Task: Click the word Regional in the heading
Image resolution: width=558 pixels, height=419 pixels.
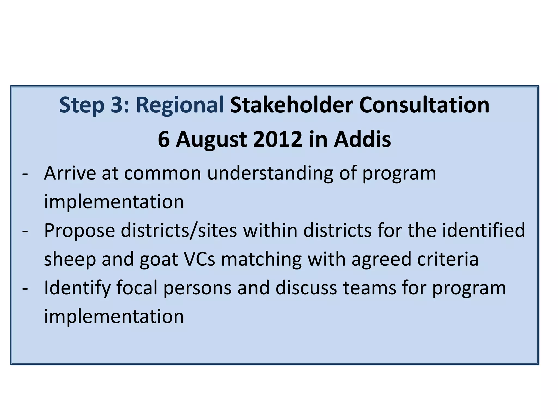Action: click(180, 106)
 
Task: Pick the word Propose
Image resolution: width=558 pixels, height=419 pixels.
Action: click(80, 231)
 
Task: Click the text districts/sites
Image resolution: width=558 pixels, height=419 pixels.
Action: click(179, 230)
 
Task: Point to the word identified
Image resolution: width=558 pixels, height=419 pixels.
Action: click(483, 230)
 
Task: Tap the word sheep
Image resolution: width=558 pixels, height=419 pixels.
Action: click(70, 259)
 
